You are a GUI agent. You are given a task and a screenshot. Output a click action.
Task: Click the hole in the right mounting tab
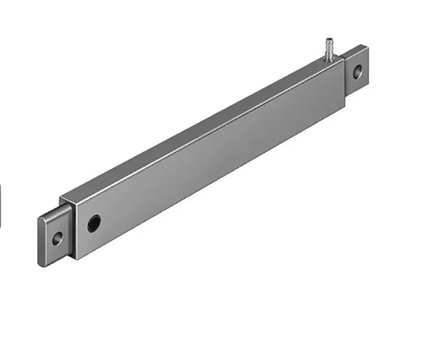[358, 71]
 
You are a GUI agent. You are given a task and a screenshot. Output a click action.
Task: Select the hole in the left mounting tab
[57, 238]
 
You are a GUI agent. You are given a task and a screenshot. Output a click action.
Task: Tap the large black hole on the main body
[94, 223]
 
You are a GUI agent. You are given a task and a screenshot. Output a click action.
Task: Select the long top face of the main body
[203, 128]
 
